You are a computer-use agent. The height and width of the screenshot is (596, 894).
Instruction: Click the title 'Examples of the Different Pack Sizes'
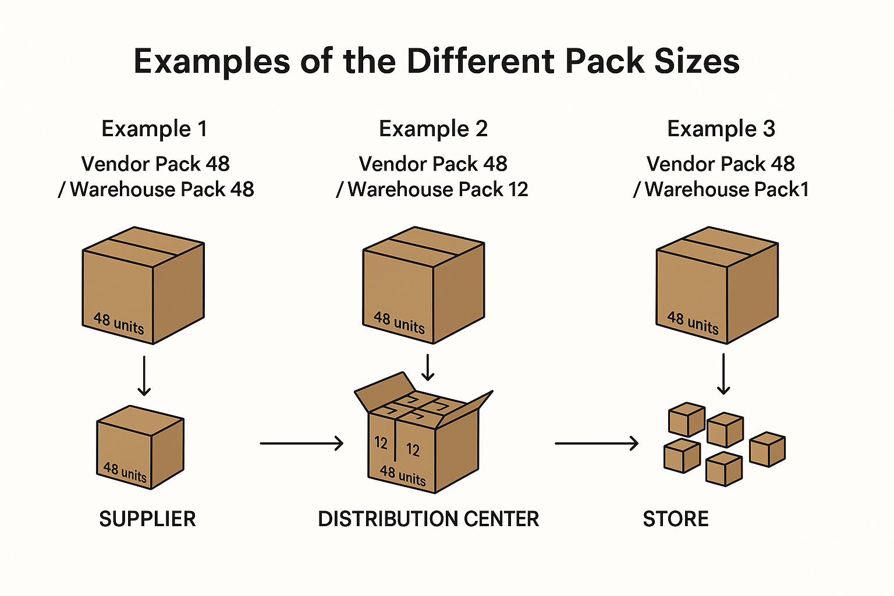coord(437,61)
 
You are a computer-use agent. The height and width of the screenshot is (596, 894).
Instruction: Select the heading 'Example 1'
coord(154,129)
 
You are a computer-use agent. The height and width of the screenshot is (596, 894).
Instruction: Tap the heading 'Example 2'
coord(433,129)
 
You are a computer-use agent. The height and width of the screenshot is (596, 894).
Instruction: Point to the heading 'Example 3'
coord(721,129)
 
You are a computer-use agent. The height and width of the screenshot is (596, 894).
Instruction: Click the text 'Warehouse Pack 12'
coord(438,189)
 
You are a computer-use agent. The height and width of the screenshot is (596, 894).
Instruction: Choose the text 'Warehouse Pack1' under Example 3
coord(727,189)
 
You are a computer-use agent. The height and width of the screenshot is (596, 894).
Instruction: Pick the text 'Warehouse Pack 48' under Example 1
coord(162,189)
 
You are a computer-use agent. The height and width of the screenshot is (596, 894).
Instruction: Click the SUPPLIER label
coord(147,519)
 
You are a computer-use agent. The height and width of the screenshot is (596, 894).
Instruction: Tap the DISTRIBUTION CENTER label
coord(428,519)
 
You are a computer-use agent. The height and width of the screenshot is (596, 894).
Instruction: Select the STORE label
coord(676,519)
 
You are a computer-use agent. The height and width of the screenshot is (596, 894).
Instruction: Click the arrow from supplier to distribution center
coord(301,444)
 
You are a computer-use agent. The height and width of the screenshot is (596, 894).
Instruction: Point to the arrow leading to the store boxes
coord(597,444)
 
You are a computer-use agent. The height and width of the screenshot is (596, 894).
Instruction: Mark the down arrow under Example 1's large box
coord(144,376)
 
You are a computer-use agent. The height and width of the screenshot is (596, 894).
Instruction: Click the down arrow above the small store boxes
coord(723,374)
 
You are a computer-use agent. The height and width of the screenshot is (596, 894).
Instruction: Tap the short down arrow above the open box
coord(428,367)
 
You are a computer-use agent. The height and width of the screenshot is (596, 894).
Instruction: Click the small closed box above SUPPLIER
coord(140,447)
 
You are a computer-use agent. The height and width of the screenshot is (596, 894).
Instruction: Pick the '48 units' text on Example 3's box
coord(693,322)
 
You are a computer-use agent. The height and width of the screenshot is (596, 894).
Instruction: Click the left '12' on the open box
coord(381,443)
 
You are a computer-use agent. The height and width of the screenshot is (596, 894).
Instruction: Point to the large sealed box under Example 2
coord(424,285)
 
